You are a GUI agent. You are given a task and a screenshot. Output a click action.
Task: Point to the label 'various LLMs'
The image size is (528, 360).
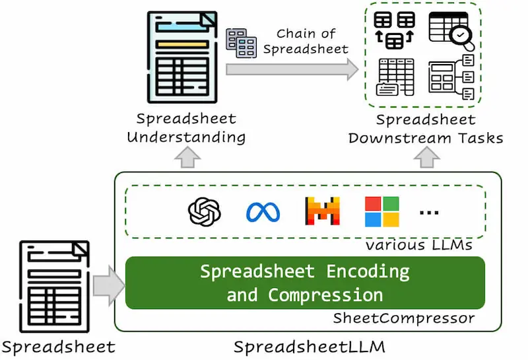419,245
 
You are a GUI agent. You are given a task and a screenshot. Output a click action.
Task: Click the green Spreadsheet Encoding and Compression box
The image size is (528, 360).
305,283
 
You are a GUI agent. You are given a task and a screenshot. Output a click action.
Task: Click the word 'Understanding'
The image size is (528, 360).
186,137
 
